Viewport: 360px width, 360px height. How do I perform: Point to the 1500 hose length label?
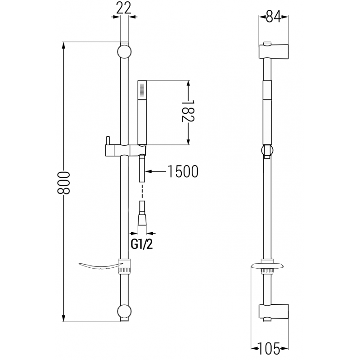tap(182, 171)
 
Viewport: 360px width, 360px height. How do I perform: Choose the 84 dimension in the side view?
tap(273, 17)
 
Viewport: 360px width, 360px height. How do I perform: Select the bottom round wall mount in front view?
tap(125, 312)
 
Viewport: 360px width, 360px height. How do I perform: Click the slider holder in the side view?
tap(267, 150)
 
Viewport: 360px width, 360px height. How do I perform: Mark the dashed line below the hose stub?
tap(142, 192)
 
